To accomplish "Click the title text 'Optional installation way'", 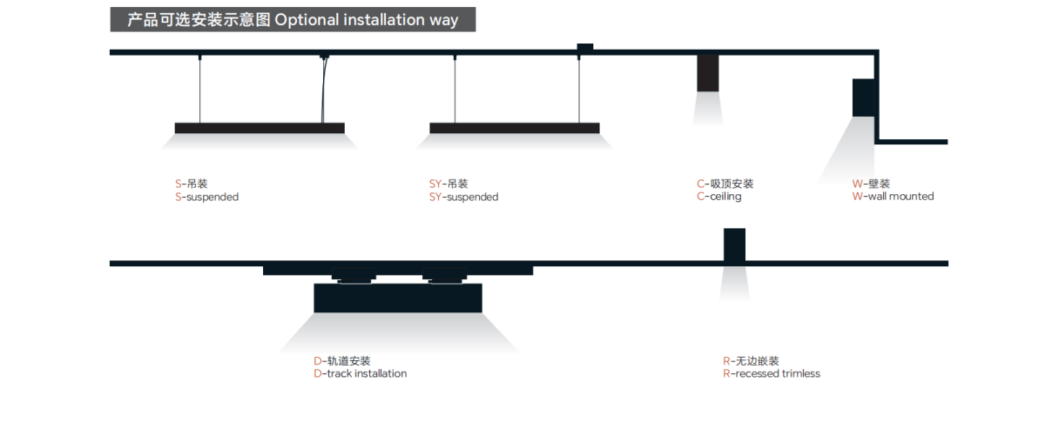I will pos(367,20).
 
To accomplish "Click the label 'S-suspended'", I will pos(206,198).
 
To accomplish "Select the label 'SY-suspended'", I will pos(463,198).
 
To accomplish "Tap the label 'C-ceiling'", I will pos(718,197).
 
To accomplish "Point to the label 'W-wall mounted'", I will pos(893,197).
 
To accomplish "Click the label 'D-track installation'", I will pos(360,374).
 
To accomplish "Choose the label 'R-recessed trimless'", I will pos(771,374).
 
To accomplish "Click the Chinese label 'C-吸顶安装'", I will pos(725,184).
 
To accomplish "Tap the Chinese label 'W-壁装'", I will pos(871,184).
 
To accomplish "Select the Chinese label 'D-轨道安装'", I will pos(341,361).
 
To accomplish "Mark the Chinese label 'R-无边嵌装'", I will pos(751,361).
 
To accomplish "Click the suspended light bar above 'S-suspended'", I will pos(260,128).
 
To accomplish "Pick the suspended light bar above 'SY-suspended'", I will pos(515,128).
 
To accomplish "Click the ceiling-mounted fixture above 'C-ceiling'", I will pos(707,73).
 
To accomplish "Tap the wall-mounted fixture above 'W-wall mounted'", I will pos(863,97).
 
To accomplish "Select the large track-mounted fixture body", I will pos(398,298).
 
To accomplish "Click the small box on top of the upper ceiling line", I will pos(584,47).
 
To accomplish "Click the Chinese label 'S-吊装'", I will pos(192,184).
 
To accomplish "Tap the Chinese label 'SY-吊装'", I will pos(449,184).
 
